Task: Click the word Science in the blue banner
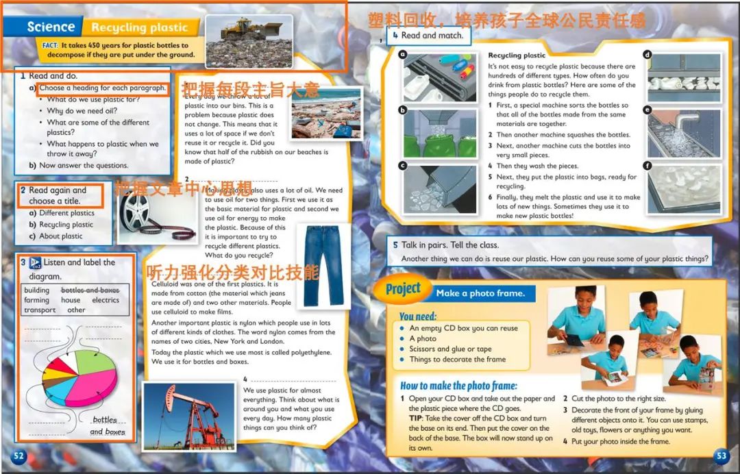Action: [51, 27]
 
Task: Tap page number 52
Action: [18, 456]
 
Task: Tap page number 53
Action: [721, 456]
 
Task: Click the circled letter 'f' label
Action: [647, 165]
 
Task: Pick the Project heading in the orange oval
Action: [403, 289]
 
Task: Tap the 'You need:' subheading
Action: [417, 316]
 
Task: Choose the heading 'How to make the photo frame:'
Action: [458, 386]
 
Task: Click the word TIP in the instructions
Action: [417, 419]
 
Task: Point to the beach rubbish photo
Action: [325, 113]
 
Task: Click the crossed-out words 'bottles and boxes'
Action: [90, 290]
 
